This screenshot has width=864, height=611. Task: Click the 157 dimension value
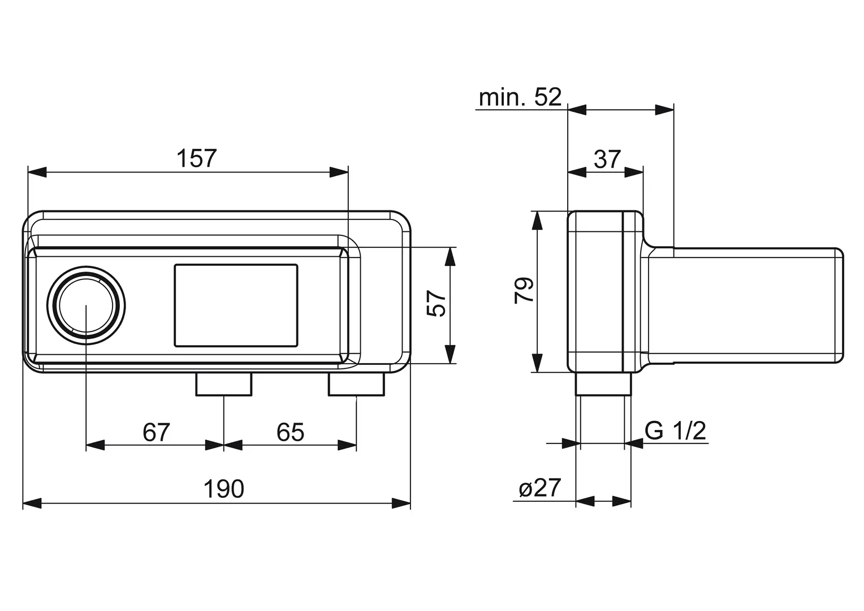coord(197,158)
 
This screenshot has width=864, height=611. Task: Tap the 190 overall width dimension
coord(224,489)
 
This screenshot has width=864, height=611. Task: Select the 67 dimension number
coord(156,432)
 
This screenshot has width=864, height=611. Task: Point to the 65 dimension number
coord(290,432)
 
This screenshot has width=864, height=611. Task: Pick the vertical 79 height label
coord(524,290)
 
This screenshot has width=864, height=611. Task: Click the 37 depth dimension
coord(607,159)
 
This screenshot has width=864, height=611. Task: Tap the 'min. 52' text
coord(520,97)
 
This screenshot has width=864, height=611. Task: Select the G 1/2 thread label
coord(675,431)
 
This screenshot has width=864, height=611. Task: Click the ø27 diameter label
coord(539,488)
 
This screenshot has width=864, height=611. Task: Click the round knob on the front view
coord(86,305)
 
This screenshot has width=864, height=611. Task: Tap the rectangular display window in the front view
coord(236,305)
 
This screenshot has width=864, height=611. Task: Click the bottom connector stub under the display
coord(224,385)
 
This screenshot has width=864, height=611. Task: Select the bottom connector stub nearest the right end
coord(356,385)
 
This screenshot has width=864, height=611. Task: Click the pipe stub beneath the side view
coord(604,384)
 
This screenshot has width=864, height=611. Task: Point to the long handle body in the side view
coord(745,305)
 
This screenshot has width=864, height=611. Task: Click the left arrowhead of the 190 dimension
coord(32,504)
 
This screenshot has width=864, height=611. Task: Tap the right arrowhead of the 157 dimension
coord(339,172)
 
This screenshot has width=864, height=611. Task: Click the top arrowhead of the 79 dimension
coord(537,221)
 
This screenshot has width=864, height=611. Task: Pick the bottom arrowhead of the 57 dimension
coord(450,354)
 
